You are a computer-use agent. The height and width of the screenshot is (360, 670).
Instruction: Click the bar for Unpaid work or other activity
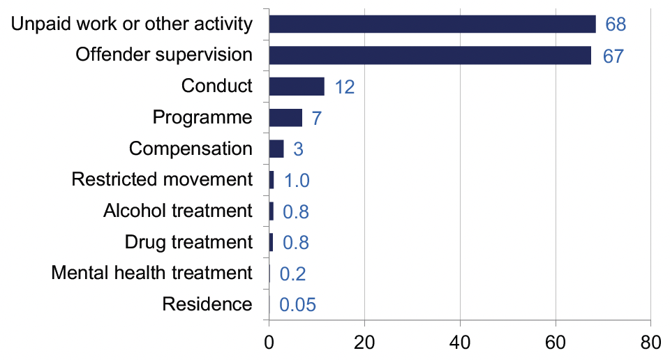coord(432,24)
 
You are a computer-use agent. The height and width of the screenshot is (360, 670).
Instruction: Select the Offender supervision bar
coord(430,55)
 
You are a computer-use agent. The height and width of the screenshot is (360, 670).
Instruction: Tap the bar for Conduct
coord(297,87)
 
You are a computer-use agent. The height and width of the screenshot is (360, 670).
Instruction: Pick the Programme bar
coord(285,117)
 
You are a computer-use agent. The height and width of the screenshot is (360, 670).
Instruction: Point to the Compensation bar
coord(276,149)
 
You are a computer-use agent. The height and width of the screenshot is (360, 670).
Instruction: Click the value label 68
coord(616,25)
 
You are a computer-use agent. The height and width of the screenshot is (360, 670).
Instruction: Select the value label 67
coord(612,57)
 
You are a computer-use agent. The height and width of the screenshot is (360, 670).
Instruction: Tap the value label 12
coord(344,88)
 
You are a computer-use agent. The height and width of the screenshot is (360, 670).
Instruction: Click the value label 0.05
coord(298,305)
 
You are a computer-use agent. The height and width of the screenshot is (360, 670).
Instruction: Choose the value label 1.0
coord(296,181)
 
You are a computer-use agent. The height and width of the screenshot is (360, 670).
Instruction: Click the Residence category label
coord(207,304)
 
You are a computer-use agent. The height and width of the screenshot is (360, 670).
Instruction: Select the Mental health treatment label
coord(151,273)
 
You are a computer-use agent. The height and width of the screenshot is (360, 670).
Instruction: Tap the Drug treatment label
coord(188,242)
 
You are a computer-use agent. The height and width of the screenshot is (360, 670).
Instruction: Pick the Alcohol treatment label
coord(177,211)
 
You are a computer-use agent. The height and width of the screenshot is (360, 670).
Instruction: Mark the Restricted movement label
coord(162,179)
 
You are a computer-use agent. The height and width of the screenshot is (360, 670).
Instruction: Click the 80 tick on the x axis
coord(650,342)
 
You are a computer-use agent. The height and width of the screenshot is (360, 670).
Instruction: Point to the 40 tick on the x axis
coord(460,342)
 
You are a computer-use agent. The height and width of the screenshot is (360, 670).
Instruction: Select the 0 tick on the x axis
coord(269,342)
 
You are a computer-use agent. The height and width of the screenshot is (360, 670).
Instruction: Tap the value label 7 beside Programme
coord(316,119)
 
